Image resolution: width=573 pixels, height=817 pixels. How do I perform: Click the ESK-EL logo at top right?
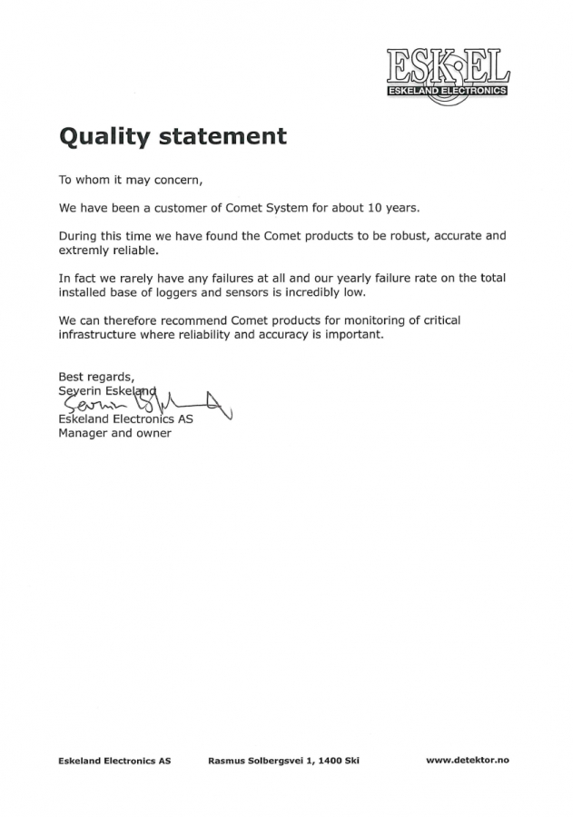point(448,71)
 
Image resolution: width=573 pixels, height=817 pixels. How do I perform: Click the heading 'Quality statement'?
point(173,136)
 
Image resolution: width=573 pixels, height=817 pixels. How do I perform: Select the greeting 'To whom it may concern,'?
point(124,180)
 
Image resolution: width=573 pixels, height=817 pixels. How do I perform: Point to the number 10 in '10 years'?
point(380,207)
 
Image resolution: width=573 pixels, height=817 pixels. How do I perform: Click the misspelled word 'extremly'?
point(84,249)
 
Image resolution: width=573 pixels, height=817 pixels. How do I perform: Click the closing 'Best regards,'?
point(96,376)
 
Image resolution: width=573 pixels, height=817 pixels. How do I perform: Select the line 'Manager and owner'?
point(114,433)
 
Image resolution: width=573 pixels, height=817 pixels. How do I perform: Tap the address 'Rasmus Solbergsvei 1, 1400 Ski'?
point(283,761)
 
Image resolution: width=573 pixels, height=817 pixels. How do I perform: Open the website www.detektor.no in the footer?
point(468,761)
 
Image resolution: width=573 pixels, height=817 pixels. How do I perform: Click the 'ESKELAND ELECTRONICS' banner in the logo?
point(446,92)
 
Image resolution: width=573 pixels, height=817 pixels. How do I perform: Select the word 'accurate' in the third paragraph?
point(457,235)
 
